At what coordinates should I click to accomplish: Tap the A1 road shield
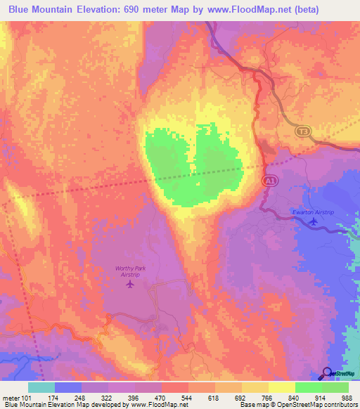coord(269,181)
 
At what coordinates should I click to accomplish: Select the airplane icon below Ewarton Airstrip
coord(314,223)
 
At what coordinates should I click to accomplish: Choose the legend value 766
coord(266,396)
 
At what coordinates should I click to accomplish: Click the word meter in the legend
coord(13,396)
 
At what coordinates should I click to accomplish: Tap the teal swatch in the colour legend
coord(42,387)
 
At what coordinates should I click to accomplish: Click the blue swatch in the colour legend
coord(69,387)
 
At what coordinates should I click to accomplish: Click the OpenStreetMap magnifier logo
coord(327,374)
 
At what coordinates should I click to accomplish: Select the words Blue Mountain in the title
coord(41,10)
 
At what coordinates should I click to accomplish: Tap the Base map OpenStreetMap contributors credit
coord(298,405)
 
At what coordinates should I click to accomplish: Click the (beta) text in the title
coord(298,10)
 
